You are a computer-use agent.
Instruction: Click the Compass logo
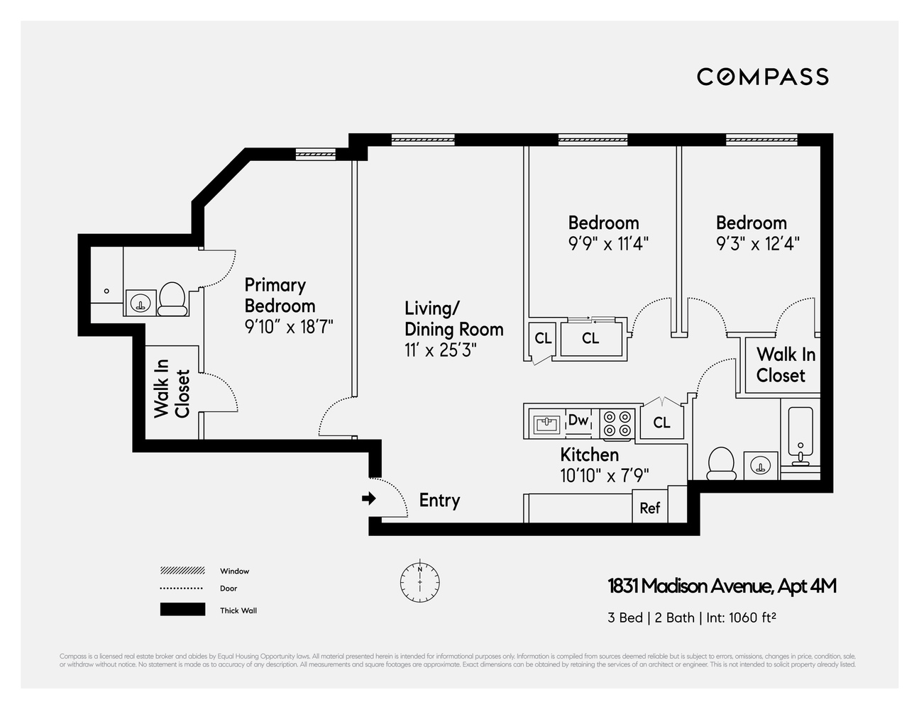762,77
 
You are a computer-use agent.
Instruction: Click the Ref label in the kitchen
649,508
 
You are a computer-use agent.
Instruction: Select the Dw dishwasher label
578,420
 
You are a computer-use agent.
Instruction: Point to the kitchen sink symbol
546,424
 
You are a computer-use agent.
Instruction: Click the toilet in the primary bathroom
172,299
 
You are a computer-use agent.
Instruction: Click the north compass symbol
419,582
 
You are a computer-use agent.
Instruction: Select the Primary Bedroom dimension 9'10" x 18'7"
289,326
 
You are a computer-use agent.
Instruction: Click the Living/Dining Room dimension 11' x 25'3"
441,350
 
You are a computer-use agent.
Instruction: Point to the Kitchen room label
589,454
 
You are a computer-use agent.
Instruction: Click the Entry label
439,500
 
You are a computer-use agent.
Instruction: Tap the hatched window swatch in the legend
182,571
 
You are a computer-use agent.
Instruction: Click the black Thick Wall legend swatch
182,610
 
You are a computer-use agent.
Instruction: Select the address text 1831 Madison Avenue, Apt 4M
722,586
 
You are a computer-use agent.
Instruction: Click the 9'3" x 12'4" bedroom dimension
757,244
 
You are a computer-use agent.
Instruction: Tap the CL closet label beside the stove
661,423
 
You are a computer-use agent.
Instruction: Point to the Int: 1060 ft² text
741,618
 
